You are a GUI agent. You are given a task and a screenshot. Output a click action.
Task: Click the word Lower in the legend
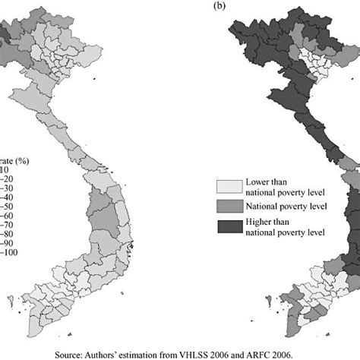[257, 182]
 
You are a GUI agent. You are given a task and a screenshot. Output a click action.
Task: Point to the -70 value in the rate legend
[8, 223]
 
